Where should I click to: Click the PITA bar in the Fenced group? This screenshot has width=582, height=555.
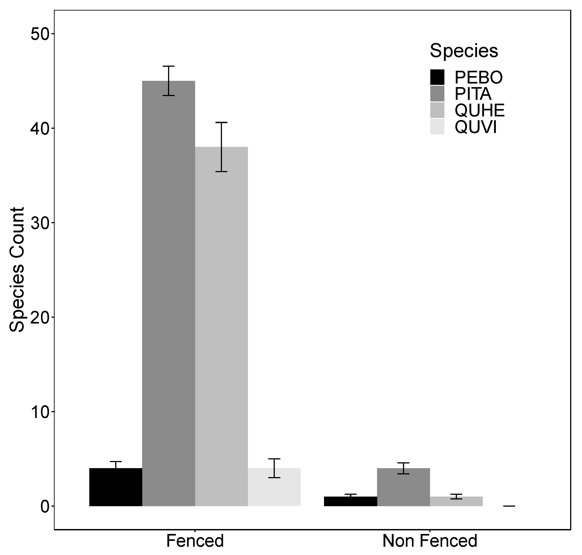pos(168,293)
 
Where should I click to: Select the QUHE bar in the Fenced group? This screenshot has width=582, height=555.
pos(221,326)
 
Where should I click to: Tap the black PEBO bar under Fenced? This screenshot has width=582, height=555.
pos(116,487)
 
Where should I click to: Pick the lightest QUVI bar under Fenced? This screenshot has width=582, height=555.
pos(274,487)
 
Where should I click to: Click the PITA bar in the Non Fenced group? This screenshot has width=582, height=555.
pos(403,487)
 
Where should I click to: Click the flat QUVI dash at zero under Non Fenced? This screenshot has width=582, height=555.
pos(509,506)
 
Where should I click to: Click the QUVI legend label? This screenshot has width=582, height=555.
pos(475,127)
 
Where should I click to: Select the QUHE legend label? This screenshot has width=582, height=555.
pos(479,111)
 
